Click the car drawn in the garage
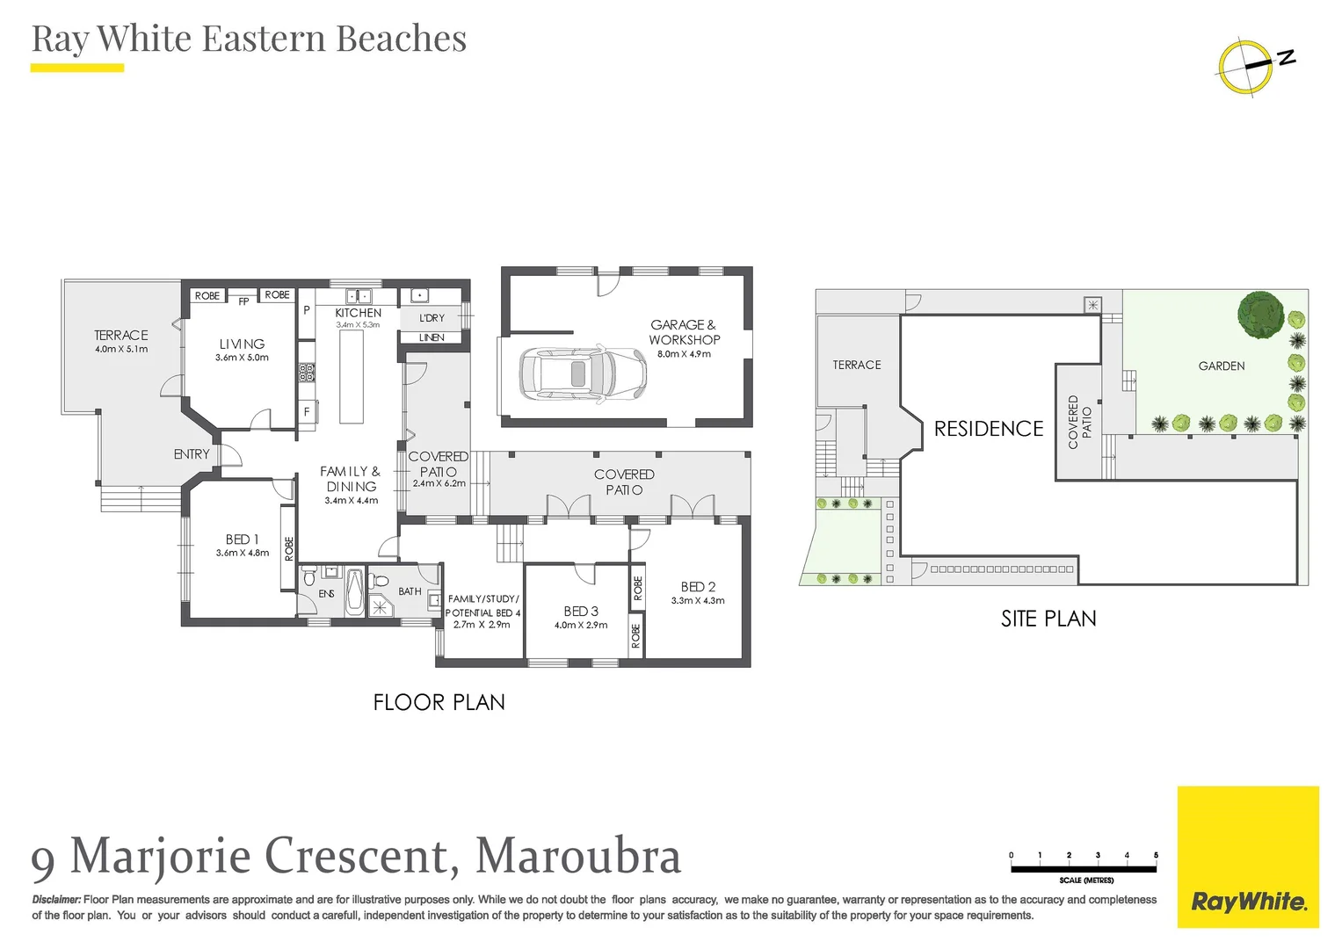583,373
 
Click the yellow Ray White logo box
1248,857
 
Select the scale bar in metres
1084,869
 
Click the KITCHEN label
359,313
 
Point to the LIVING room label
242,344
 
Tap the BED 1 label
243,540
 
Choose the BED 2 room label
698,587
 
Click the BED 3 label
581,612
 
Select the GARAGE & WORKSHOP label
684,332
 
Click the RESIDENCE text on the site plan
989,429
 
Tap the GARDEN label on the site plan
1222,366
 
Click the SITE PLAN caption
1048,619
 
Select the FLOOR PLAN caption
439,702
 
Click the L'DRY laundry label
432,318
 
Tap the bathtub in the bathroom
354,592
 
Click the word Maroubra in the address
578,856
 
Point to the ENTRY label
192,454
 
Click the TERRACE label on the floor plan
121,336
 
